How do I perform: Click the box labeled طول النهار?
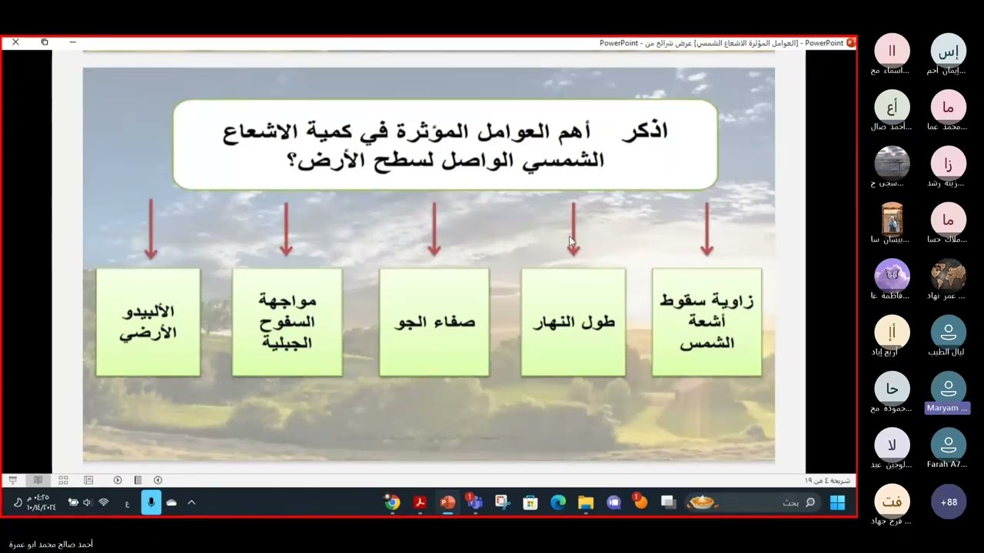coord(573,322)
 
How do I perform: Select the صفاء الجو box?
coord(434,322)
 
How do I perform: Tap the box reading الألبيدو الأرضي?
coord(148,322)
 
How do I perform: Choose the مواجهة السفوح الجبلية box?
coord(287,322)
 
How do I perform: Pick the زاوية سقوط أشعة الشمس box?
coord(706,322)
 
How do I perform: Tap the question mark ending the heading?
coord(293,161)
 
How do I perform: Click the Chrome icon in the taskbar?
coord(392,502)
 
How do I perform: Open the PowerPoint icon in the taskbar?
coord(447,502)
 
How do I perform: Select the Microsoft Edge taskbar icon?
coord(558,502)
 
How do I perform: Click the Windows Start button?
coord(837,502)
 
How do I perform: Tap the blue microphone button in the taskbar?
coord(151,502)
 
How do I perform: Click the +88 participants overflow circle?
coord(949,502)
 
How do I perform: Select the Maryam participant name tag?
coord(947,408)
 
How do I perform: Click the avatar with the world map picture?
coord(949,276)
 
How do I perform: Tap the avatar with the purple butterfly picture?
coord(892,276)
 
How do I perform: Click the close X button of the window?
coord(15,42)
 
